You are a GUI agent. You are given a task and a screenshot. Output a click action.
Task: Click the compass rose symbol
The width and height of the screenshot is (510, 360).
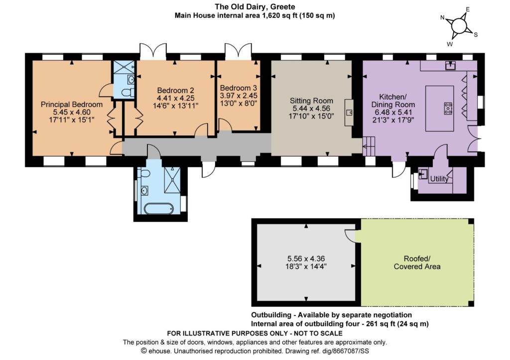pyautogui.click(x=459, y=26)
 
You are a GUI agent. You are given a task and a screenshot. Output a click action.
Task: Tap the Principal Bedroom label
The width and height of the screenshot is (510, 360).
pyautogui.click(x=72, y=105)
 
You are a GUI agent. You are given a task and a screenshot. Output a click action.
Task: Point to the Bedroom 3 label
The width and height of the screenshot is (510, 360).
pyautogui.click(x=239, y=88)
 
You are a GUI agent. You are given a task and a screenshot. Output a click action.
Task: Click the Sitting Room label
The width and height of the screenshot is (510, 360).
pyautogui.click(x=311, y=101)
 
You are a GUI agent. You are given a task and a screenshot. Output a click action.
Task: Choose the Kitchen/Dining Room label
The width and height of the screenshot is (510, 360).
pyautogui.click(x=393, y=101)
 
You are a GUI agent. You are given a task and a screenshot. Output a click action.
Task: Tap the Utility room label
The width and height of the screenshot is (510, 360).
pyautogui.click(x=439, y=179)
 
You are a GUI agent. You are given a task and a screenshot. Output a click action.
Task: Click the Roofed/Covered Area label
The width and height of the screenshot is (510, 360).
pyautogui.click(x=417, y=263)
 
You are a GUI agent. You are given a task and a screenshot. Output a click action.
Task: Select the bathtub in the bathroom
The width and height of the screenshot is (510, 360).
pyautogui.click(x=159, y=209)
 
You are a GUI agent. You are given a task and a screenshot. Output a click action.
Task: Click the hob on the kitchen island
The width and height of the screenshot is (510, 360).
pyautogui.click(x=448, y=108)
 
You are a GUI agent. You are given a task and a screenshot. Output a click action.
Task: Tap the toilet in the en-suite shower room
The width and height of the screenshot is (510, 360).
pyautogui.click(x=127, y=92)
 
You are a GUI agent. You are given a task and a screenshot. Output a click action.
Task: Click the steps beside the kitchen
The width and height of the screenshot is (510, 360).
pyautogui.click(x=369, y=146)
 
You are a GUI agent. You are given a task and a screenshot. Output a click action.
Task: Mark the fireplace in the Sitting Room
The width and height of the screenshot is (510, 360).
pyautogui.click(x=349, y=112)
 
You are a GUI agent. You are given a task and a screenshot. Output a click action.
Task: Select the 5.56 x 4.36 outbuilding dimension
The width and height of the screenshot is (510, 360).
pyautogui.click(x=306, y=259)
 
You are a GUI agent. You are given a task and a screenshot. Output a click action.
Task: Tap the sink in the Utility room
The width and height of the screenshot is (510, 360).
pyautogui.click(x=422, y=174)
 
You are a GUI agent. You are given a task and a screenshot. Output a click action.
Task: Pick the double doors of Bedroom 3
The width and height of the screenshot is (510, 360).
pyautogui.click(x=238, y=51)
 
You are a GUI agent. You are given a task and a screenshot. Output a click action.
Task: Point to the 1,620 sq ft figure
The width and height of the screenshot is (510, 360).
pyautogui.click(x=279, y=15)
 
